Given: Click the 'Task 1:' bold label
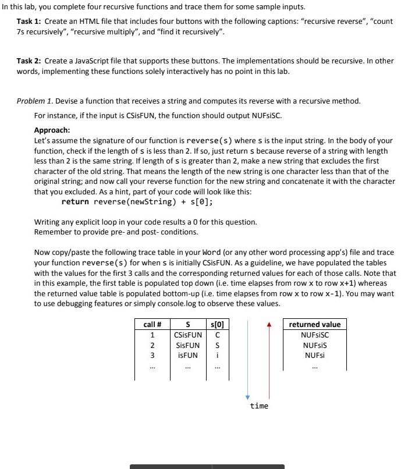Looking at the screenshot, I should (29, 21).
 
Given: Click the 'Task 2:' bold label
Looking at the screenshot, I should (29, 61).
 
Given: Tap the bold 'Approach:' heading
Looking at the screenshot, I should (52, 130).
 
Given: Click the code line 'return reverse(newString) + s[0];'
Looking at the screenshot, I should (137, 202).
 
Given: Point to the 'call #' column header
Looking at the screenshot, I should (152, 324).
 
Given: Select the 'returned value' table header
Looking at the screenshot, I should (315, 324).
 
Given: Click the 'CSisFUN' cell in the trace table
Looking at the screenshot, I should (188, 335).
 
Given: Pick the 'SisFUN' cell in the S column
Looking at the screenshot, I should (188, 345).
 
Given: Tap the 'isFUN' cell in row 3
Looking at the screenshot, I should (188, 355).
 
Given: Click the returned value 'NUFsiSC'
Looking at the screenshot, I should (315, 335).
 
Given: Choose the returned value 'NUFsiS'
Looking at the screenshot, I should (315, 345).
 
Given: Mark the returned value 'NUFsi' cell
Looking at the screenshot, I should (315, 355).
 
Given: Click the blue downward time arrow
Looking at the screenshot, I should (247, 361).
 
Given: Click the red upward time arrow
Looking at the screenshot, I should (269, 361).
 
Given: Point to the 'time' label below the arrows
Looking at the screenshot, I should (259, 406).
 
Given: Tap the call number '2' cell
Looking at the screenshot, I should (152, 345).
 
